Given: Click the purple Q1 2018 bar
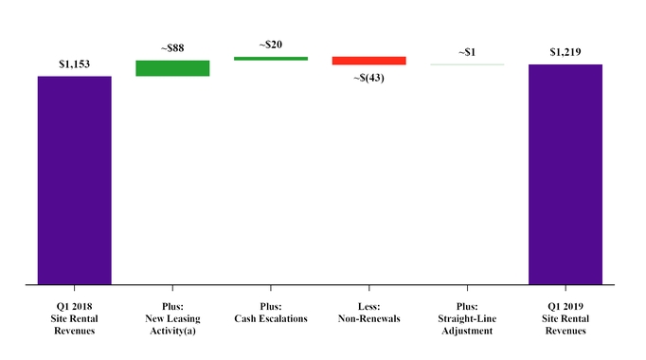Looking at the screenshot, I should click(x=75, y=179).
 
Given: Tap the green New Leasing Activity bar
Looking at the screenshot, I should click(x=172, y=67).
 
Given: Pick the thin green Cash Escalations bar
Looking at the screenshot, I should click(x=271, y=59).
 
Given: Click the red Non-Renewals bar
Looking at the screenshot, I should click(x=368, y=61).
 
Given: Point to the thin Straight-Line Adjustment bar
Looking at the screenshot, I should click(x=467, y=64).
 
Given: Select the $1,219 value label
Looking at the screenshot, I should click(x=565, y=53).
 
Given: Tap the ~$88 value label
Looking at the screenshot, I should click(x=172, y=48).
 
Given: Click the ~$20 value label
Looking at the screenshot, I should click(x=271, y=45).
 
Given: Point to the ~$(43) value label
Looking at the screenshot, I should click(x=368, y=77).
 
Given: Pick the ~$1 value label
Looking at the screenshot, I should click(x=467, y=52).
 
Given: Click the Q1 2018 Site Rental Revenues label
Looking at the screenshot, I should click(x=75, y=318).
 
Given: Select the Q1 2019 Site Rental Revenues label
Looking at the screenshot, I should click(x=565, y=318).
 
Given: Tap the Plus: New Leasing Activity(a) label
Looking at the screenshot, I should click(x=172, y=318).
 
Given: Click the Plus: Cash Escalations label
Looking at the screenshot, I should click(x=271, y=313).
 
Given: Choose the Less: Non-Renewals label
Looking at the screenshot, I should click(x=368, y=313).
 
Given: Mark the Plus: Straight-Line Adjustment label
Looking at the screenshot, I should click(x=467, y=318).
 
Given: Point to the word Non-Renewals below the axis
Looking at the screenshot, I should click(x=368, y=318).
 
